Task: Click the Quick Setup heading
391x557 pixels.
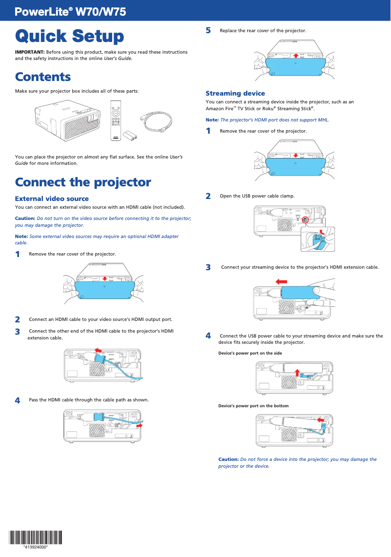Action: [69, 36]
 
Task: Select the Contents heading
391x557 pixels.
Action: [43, 77]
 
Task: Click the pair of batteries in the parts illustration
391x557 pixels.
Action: [130, 135]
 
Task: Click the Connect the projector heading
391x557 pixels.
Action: [83, 182]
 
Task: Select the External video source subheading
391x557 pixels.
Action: [52, 199]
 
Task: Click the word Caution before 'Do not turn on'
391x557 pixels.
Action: [25, 219]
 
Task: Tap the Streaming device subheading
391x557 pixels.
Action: [235, 93]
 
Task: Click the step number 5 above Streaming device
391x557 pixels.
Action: [208, 30]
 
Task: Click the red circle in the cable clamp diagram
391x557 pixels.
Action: [305, 220]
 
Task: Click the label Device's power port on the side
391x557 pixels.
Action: [250, 353]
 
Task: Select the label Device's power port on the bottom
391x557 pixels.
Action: [253, 406]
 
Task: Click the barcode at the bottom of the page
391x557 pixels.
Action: [36, 537]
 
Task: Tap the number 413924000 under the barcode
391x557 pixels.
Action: [36, 547]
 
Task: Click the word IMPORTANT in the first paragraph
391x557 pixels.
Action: [30, 52]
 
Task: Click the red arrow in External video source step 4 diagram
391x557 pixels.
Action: [139, 425]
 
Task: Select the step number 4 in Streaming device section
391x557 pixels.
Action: [208, 336]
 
